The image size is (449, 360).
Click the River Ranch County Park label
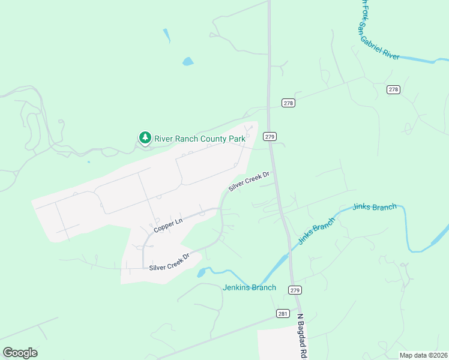200,139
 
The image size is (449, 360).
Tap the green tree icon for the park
145,139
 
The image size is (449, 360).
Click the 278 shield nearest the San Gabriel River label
393,89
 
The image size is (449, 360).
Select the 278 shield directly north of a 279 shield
288,103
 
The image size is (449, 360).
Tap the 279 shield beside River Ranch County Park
270,137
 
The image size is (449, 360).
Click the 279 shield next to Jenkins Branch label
294,290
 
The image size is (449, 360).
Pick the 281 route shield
284,314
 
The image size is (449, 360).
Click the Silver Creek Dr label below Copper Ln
169,262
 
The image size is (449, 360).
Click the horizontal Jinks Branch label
375,208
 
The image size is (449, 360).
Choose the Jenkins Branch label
249,287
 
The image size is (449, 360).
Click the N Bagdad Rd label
301,335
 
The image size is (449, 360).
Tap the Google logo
20,353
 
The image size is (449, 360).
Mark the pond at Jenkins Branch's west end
202,273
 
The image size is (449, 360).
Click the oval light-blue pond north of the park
188,61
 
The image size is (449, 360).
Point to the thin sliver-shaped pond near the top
166,35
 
